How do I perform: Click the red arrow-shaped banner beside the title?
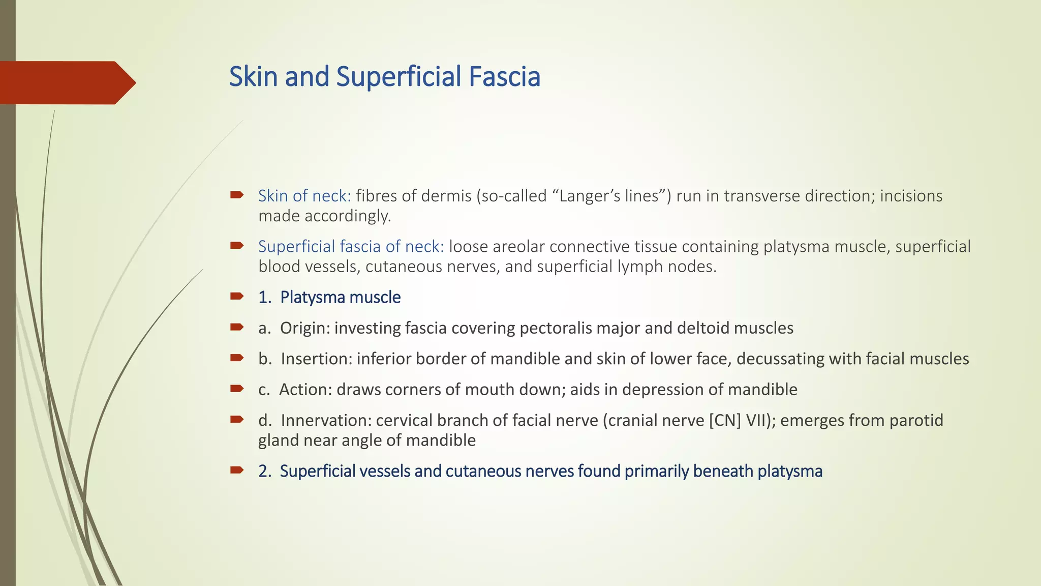[66, 82]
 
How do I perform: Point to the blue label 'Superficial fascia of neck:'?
[351, 247]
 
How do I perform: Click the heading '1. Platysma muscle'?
[329, 297]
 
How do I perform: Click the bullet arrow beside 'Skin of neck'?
[237, 194]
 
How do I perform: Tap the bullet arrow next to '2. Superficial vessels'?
[237, 470]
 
